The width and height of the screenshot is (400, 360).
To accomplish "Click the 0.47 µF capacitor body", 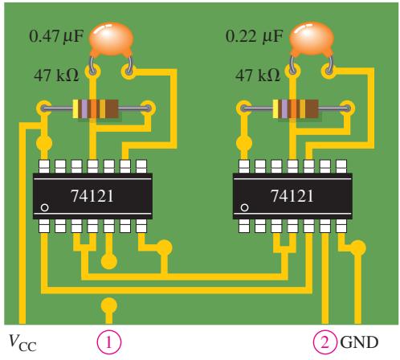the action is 111,39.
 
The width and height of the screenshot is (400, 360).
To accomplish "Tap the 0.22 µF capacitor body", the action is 312,39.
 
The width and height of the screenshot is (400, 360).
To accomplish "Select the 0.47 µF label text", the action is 56,36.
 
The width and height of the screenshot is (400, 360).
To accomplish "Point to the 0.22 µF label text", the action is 254,36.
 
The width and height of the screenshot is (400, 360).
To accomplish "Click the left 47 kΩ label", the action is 56,75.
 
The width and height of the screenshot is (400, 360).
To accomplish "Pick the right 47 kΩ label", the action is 258,75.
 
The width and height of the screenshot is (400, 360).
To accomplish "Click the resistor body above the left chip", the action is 96,108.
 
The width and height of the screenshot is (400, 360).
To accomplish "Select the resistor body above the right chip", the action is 296,108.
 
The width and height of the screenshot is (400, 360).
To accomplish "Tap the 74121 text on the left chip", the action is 92,196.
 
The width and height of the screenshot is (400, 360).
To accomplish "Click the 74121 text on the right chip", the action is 292,196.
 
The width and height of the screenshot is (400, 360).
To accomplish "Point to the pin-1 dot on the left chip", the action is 44,207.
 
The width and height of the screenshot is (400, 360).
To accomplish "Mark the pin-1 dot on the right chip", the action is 244,207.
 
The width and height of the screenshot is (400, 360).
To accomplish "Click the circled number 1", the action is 108,342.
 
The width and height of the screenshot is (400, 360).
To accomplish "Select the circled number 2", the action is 324,342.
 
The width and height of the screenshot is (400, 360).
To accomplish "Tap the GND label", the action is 359,342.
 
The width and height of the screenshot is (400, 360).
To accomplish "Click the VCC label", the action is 22,342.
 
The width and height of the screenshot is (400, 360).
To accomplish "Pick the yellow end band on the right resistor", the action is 276,108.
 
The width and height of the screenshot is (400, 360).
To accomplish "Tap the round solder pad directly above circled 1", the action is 108,305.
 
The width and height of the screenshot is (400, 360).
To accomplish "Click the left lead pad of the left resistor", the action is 43,108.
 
